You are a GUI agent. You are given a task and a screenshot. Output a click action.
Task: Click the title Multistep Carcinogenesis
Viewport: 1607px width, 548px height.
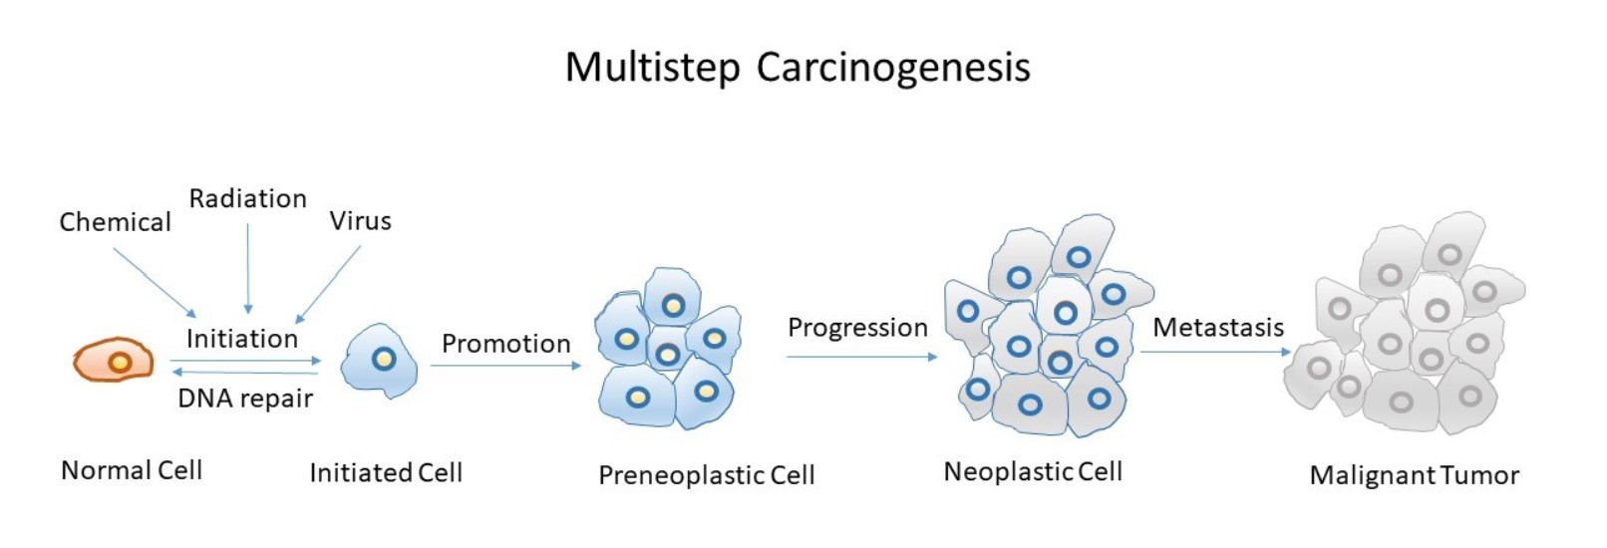[x=798, y=68]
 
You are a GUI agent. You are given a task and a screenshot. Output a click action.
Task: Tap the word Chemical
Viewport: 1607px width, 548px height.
[x=115, y=222]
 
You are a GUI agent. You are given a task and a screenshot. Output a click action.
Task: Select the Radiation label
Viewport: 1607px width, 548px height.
[x=248, y=199]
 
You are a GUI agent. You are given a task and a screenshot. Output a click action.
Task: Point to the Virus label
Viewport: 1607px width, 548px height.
[x=360, y=221]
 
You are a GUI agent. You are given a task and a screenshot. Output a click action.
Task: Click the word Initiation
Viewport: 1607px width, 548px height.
[x=242, y=339]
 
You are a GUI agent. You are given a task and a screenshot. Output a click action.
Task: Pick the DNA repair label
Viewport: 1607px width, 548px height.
[x=245, y=399]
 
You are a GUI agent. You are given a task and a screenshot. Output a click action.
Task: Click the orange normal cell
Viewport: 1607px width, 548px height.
[x=114, y=361]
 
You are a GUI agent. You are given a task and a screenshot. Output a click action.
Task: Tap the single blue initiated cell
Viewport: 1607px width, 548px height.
[x=379, y=361]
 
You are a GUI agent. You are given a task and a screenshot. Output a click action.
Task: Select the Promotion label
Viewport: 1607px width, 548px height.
[x=505, y=344]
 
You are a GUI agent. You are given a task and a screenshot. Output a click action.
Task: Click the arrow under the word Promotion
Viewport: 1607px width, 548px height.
[x=505, y=366]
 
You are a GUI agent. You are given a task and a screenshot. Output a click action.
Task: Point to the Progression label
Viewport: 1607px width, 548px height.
[x=857, y=328]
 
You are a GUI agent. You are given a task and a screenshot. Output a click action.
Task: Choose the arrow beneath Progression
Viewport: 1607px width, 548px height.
[x=861, y=357]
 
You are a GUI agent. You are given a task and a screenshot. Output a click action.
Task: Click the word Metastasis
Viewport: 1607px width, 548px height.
[x=1218, y=328]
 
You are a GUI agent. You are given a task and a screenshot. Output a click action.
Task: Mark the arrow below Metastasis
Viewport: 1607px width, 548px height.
[x=1216, y=352]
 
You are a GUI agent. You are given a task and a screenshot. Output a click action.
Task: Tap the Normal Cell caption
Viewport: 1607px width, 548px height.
[x=132, y=470]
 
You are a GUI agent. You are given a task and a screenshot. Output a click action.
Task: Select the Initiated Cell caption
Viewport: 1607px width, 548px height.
[x=386, y=472]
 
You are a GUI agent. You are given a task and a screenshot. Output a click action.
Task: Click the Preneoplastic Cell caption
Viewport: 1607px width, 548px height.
[x=706, y=475]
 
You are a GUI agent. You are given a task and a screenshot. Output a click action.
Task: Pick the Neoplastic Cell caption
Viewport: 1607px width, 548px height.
[x=1033, y=471]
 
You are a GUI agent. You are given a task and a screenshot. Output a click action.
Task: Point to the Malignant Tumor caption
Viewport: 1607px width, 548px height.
[x=1414, y=475]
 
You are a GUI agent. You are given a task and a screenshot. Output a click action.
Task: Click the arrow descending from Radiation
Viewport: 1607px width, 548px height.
[x=248, y=269]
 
